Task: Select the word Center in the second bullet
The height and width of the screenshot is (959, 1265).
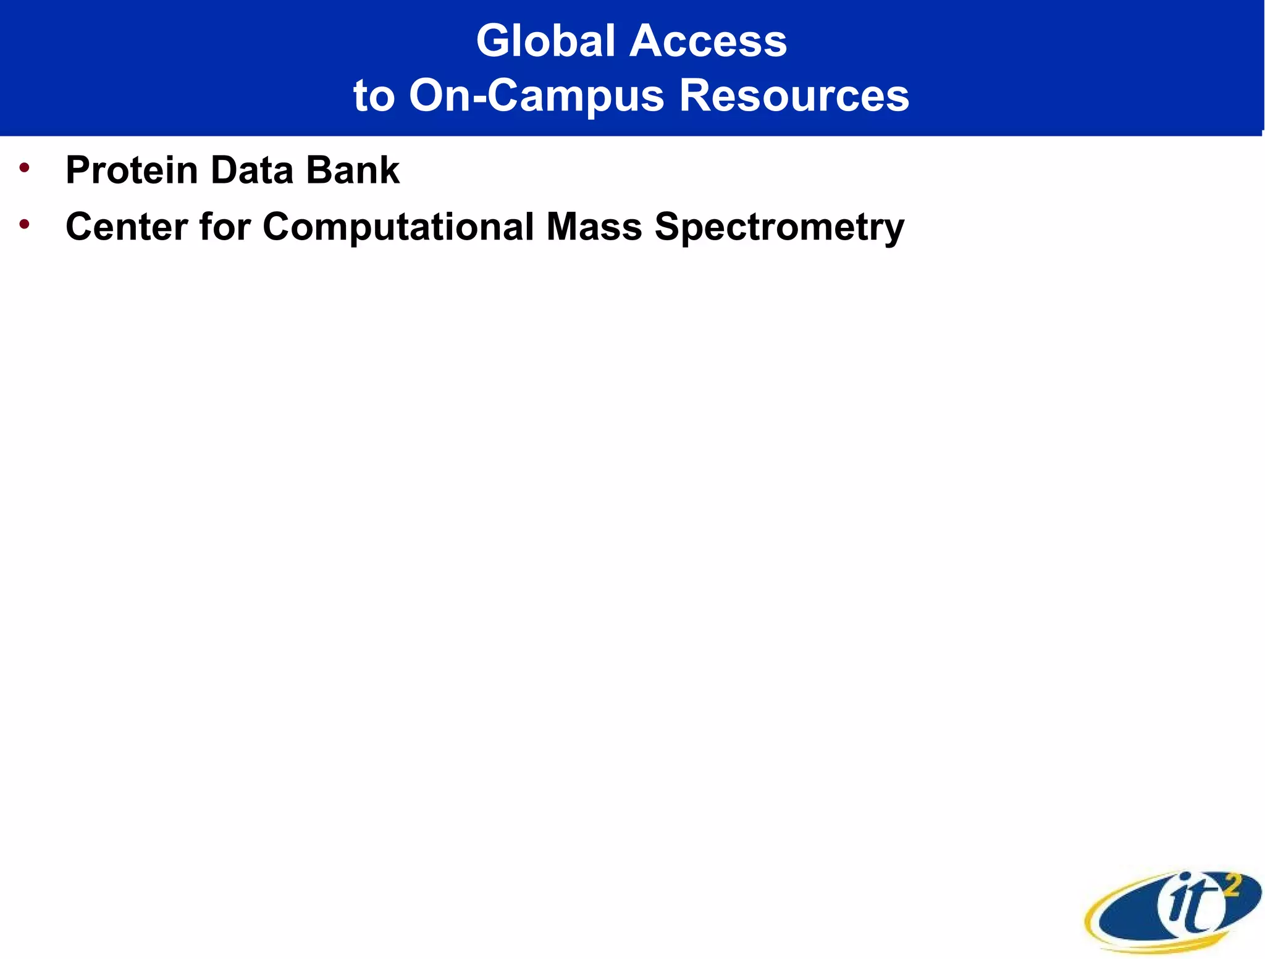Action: coord(127,227)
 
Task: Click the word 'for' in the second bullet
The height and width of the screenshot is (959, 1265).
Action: coord(225,227)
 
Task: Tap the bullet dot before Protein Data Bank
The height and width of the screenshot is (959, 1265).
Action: coord(25,167)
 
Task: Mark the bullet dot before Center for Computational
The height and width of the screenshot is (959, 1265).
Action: coord(25,224)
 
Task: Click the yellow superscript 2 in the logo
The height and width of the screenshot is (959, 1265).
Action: coord(1232,887)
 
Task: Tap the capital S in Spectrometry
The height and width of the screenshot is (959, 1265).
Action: coord(669,227)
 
